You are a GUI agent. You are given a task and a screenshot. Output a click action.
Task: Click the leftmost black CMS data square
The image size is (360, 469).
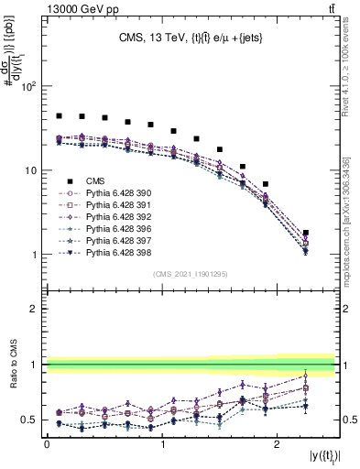59,116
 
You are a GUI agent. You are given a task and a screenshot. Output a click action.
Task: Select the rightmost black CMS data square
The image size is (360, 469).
306,233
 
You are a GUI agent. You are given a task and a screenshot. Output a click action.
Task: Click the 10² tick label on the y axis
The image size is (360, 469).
28,87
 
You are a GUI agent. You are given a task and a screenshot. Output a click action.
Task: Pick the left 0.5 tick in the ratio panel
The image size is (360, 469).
32,420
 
